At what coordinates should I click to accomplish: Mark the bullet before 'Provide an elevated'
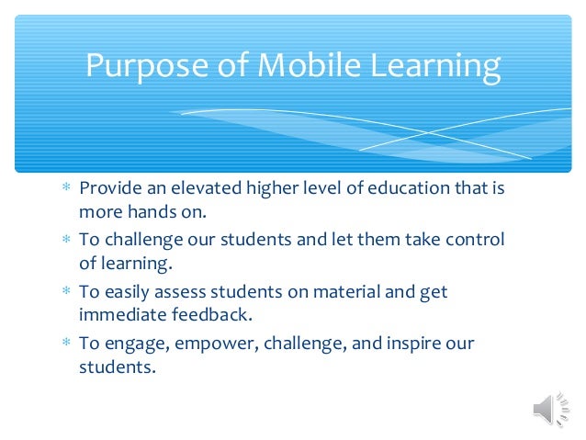coord(65,189)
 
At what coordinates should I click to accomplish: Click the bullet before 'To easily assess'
coord(65,293)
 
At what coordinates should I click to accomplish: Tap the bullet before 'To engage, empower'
coord(65,344)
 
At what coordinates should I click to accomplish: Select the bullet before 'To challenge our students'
coord(65,241)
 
